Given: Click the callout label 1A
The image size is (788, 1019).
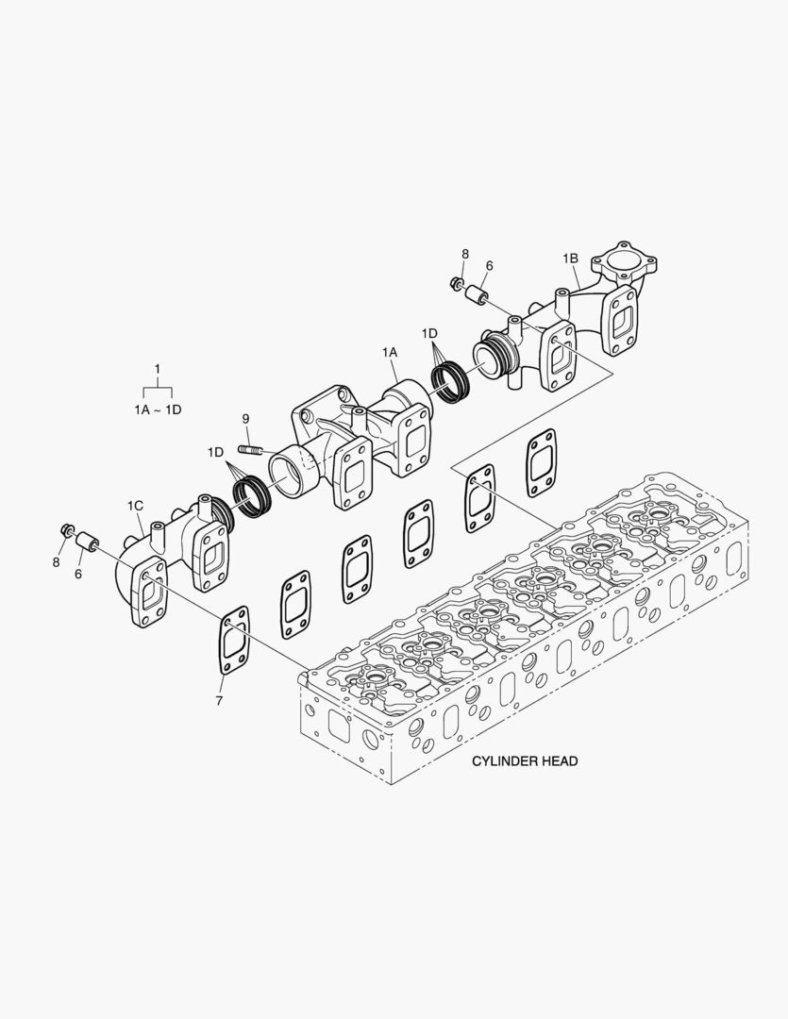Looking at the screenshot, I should [x=390, y=351].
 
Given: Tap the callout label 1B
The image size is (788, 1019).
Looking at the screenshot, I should [x=570, y=258].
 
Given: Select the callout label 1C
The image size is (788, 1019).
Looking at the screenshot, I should [x=136, y=507].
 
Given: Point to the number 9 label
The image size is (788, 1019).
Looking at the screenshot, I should [x=245, y=418].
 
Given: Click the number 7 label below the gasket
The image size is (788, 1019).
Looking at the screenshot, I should [x=219, y=701].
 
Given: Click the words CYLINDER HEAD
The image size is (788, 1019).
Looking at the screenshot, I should [x=525, y=760].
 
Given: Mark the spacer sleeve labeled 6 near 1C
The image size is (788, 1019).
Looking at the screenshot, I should [x=87, y=544].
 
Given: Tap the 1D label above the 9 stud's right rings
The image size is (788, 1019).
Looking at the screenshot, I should [x=216, y=452].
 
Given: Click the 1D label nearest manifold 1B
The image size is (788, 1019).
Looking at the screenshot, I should [x=430, y=333].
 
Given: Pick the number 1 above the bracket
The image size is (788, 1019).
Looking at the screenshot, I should [x=157, y=367].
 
